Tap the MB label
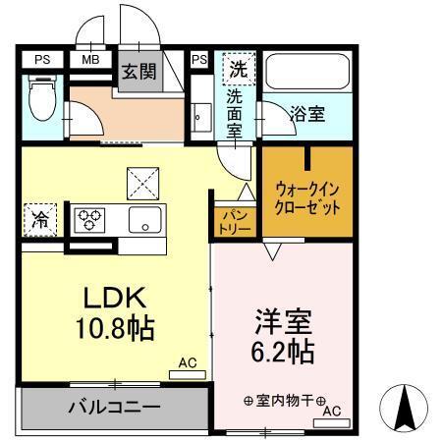pyautogui.click(x=90, y=60)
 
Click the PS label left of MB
pyautogui.click(x=41, y=60)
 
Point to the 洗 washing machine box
pyautogui.click(x=239, y=71)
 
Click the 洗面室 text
pyautogui.click(x=236, y=115)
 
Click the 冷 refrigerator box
pyautogui.click(x=41, y=218)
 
